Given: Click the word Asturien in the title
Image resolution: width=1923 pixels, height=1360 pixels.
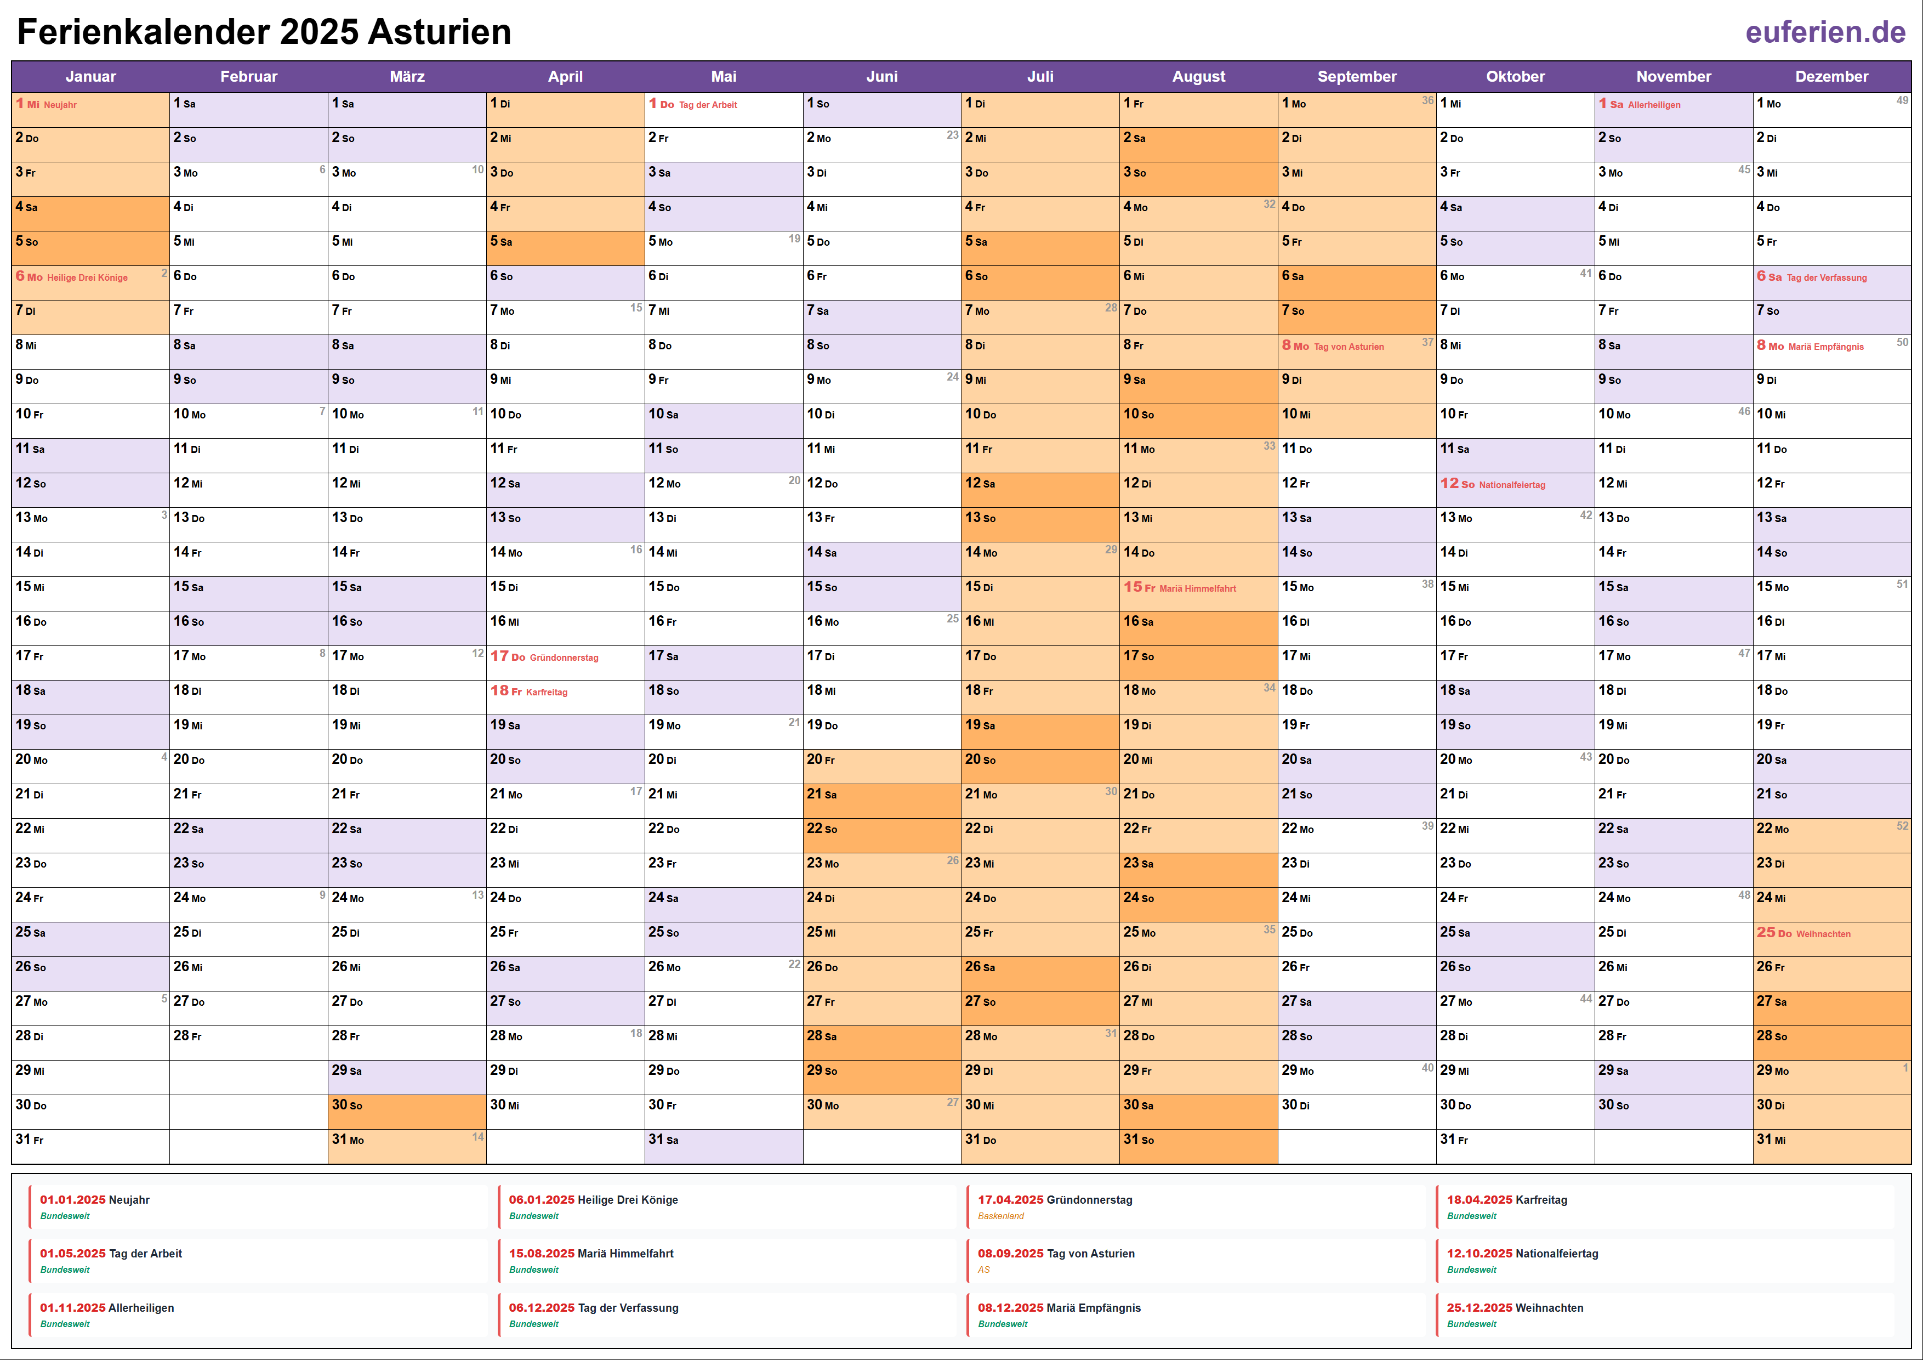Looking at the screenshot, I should tap(439, 32).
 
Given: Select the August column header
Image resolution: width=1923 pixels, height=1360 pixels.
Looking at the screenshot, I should tap(1198, 76).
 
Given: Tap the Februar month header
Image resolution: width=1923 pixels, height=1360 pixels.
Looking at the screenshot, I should tap(249, 76).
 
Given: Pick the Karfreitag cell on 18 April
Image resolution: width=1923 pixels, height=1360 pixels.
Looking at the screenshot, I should tap(565, 692).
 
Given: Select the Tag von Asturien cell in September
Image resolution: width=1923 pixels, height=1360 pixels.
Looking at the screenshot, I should tap(1356, 346).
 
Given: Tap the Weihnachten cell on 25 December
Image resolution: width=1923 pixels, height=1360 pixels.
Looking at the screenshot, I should tap(1831, 933).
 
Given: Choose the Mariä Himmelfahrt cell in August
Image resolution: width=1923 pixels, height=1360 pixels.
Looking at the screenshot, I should tap(1198, 588).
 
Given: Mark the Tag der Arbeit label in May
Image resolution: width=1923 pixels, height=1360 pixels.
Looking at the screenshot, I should tap(708, 105).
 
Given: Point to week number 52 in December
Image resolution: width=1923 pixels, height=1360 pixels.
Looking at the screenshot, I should tap(1902, 826).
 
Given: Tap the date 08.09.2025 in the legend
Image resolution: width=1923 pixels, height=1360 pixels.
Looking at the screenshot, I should tap(1010, 1254).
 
